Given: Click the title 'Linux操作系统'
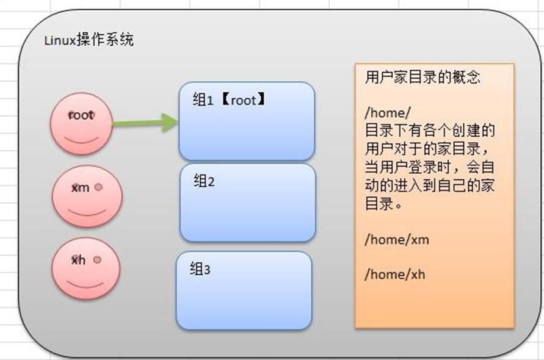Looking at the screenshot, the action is pos(90,41).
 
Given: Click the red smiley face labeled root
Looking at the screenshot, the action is pos(81,124).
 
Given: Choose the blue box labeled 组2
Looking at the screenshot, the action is pos(247,203).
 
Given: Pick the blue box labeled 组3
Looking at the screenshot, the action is pos(244,290).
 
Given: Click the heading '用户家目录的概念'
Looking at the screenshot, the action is pos(423,77).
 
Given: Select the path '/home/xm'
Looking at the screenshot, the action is pos(396,239).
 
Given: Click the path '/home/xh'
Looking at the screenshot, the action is pos(395,274).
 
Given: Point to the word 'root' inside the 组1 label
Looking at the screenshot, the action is pos(243,100).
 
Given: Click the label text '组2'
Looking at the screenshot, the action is pos(204,181).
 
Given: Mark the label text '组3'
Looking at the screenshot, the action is pos(200,268).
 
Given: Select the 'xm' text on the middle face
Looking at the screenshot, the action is pos(80,187).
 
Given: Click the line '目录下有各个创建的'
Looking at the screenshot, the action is pos(429,130).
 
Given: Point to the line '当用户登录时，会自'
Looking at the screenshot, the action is pos(429,167).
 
